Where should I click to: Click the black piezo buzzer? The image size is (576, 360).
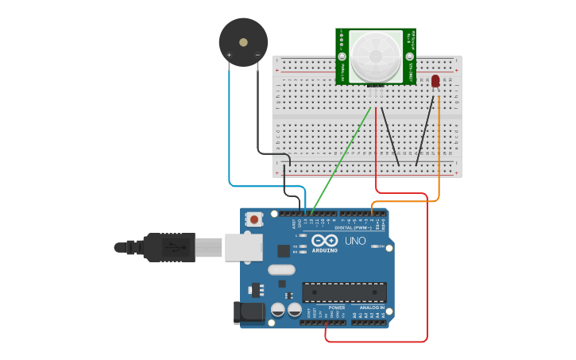tap(243, 41)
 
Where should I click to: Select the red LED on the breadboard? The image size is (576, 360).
tap(435, 81)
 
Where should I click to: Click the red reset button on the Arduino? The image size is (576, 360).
tap(254, 219)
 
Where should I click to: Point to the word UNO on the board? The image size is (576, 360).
tap(355, 241)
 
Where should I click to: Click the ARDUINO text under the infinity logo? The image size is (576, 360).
tap(324, 250)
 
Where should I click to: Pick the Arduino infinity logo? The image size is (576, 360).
tap(324, 241)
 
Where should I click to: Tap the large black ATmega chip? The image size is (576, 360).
tap(344, 292)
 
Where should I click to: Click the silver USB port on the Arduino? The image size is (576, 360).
tap(243, 247)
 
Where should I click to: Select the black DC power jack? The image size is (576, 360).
tap(249, 312)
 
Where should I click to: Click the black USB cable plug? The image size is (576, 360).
tap(169, 247)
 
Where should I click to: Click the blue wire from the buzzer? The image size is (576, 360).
tap(230, 135)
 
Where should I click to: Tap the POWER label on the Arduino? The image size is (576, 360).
tap(337, 307)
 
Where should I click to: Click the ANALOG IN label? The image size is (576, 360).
tap(371, 307)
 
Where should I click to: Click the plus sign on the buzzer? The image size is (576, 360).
tap(230, 55)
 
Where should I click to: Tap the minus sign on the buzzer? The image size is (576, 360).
tap(257, 55)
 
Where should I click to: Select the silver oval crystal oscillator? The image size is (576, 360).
tap(281, 269)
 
